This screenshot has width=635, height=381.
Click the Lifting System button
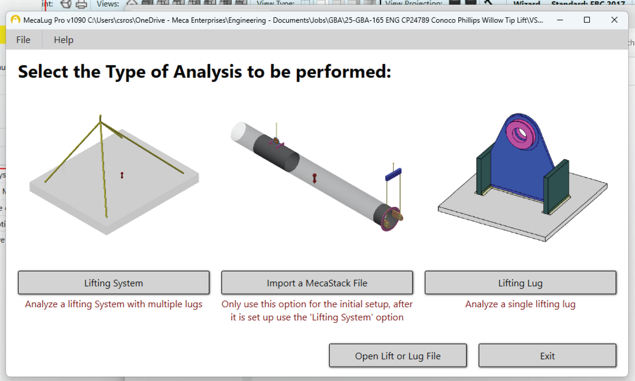[x=114, y=283]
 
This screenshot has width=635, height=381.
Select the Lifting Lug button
[x=520, y=283]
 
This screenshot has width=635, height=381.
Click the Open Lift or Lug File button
[x=398, y=355]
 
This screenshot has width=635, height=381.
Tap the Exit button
[x=547, y=355]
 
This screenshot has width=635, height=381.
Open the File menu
[x=23, y=40]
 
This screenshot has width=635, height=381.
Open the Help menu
[x=63, y=40]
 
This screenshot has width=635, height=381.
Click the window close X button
[x=614, y=20]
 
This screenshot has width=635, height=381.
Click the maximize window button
[x=587, y=20]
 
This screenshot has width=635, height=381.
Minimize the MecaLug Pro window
[x=560, y=20]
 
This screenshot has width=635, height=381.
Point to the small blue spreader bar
[x=393, y=174]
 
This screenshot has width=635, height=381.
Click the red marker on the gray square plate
[x=122, y=175]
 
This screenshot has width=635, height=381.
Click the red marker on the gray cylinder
[x=314, y=178]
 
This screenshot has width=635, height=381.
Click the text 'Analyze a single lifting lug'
[x=520, y=304]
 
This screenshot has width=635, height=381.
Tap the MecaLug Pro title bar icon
[x=16, y=20]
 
